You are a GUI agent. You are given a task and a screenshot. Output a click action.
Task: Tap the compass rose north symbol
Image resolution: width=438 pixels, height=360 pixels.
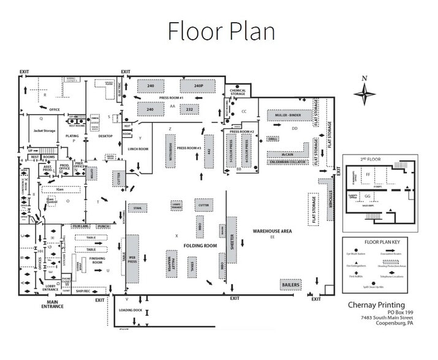365,94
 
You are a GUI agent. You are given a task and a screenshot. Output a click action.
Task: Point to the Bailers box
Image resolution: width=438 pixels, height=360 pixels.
290,285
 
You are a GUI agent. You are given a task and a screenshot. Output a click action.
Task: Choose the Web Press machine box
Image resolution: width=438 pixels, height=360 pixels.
132,258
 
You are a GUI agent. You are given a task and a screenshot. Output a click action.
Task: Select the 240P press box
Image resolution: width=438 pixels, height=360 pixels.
198,86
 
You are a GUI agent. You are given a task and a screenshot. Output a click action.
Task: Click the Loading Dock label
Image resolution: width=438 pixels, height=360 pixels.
130,310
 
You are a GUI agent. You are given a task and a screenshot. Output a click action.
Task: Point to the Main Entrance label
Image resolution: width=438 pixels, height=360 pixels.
51,304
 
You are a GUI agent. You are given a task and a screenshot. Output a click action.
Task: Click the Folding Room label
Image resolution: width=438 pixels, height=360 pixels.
200,245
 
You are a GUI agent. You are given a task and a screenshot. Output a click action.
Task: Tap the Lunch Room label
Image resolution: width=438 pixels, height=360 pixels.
139,149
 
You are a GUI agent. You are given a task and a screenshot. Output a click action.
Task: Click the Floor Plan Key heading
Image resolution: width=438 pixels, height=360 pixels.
379,242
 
